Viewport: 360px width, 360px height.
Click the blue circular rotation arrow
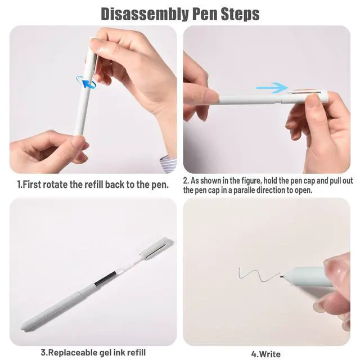86,82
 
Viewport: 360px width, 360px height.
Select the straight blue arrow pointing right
272,88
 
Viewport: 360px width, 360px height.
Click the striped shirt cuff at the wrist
169,164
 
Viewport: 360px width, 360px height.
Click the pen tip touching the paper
281,276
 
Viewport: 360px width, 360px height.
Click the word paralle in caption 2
244,190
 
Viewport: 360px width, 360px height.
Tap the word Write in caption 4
269,354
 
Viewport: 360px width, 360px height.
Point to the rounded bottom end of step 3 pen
24,327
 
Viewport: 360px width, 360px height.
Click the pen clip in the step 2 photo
304,92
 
